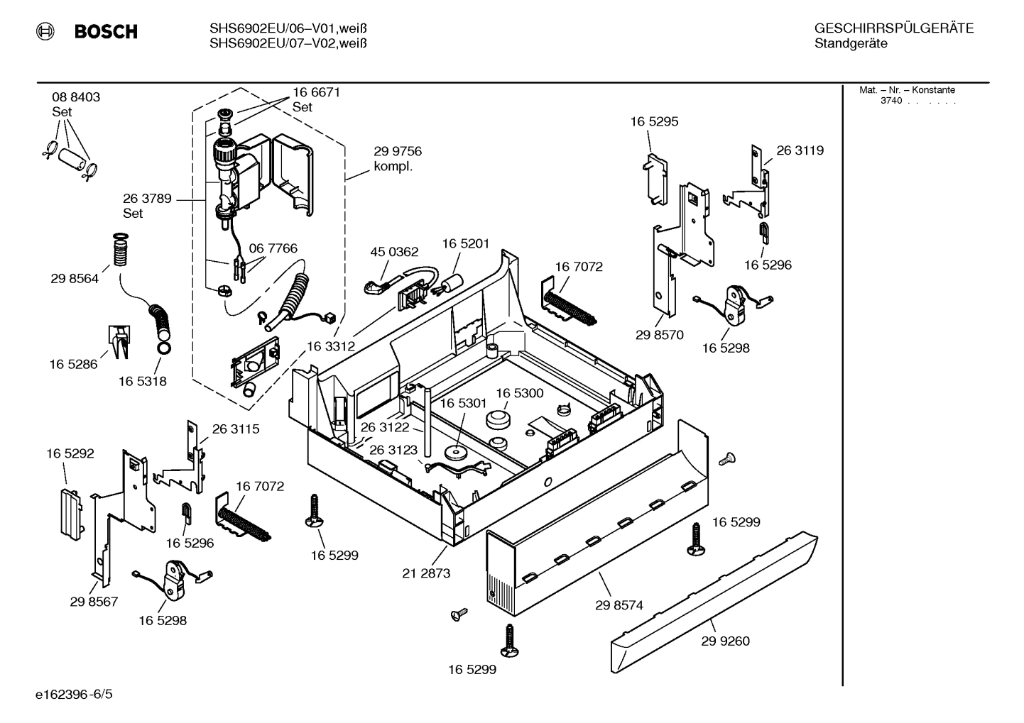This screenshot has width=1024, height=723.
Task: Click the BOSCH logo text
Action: point(106,31)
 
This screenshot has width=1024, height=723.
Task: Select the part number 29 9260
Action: point(725,641)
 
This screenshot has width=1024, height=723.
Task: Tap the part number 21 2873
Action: point(426,573)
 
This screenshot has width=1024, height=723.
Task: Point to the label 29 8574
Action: point(619,605)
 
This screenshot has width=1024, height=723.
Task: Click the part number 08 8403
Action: point(76,97)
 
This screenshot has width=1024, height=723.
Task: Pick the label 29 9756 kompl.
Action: point(398,159)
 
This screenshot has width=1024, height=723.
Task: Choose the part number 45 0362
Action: point(394,252)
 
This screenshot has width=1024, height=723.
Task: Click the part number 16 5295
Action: point(654,121)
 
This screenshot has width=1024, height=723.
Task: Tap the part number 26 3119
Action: point(800,150)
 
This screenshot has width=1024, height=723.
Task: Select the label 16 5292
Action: point(70,453)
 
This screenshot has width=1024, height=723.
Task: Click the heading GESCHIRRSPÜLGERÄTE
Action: point(893,28)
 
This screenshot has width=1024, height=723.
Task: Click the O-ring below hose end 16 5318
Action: point(163,348)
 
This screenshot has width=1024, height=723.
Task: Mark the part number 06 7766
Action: point(273,248)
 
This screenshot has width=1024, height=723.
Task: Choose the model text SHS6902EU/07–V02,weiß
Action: point(288,43)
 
